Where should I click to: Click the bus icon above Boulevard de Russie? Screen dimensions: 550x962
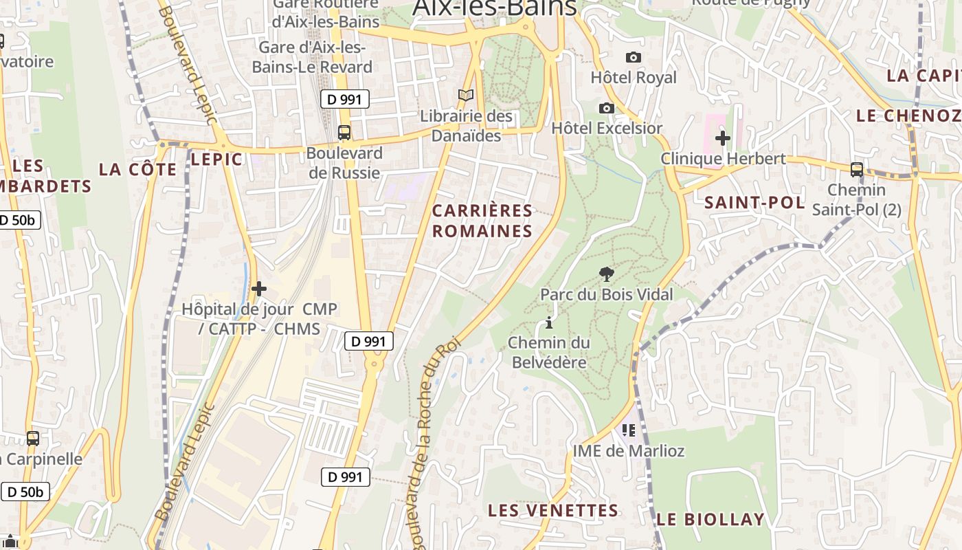point(344,133)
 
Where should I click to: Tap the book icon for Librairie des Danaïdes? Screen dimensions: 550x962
point(466,96)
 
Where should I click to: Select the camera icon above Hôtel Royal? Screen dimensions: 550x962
point(633,57)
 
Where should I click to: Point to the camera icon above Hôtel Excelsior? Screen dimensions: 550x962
point(606,108)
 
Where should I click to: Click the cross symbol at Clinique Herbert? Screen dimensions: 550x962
point(722,138)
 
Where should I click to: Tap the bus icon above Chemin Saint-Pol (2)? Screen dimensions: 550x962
point(856,169)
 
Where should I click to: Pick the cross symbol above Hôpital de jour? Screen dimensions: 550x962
point(259,289)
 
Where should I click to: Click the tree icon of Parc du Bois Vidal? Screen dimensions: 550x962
point(606,274)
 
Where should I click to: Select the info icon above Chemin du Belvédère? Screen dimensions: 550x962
point(548,322)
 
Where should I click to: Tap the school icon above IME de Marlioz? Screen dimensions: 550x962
point(628,430)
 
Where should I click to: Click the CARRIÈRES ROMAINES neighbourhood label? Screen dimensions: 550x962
point(482,221)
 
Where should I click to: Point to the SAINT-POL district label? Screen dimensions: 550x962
point(754,202)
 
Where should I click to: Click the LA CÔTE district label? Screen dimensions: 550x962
point(137,169)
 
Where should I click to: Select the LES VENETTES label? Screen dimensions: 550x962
point(553,510)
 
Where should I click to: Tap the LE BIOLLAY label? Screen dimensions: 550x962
point(710,519)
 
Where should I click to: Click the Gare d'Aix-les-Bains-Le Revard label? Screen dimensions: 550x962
point(312,57)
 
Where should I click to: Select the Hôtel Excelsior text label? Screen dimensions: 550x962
point(607,128)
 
